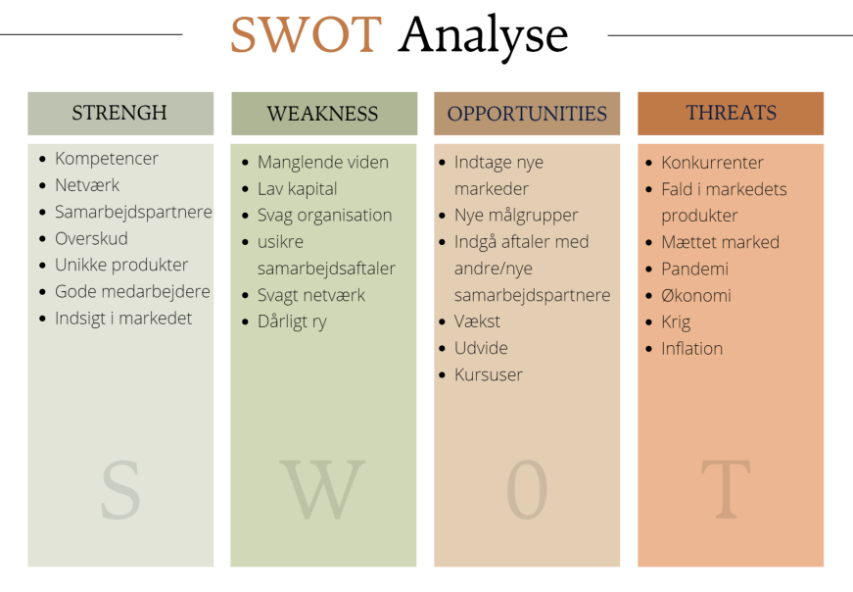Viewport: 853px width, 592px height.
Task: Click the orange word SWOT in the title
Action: coord(306,34)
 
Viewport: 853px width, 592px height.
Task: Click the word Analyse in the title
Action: coord(483,37)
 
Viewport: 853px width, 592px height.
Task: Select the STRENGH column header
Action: coord(119,113)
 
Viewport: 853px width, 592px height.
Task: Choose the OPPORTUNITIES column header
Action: coord(527,114)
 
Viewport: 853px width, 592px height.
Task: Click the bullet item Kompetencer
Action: coord(107,159)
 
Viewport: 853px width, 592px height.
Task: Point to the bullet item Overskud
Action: coord(91,238)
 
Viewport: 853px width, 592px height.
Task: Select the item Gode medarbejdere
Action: coord(132,291)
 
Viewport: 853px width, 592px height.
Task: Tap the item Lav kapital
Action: coord(297,189)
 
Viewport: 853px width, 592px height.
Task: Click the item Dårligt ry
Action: coord(292,321)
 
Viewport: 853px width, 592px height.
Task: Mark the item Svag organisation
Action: coord(325,215)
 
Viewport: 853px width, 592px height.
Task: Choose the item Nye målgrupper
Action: coord(516,215)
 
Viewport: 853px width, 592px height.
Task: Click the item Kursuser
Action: coord(489,374)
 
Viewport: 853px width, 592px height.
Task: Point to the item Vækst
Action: coord(477,321)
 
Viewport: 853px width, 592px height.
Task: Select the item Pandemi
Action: coord(694,269)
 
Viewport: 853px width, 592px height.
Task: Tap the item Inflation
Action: coord(692,349)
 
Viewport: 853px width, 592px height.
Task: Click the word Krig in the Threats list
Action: coord(676,321)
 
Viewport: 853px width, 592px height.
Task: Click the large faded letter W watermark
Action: coord(322,489)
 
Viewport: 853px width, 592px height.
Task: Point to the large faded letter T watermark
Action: coord(726,489)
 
